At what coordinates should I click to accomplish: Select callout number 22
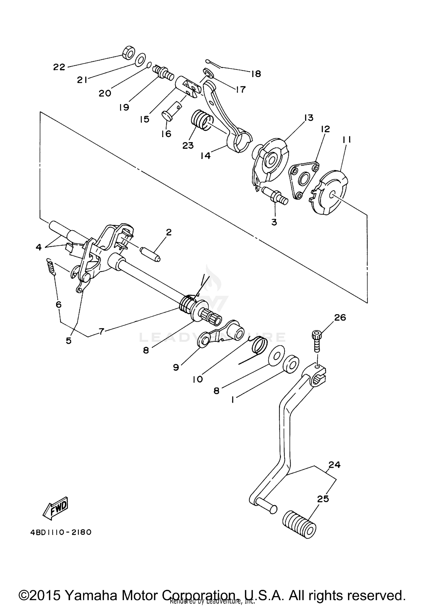[59, 67]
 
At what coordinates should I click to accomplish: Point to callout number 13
[309, 118]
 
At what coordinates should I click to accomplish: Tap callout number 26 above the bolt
[340, 317]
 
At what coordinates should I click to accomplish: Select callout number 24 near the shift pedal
[335, 465]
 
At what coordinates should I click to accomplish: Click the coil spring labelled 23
[201, 119]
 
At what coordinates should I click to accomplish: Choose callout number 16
[167, 134]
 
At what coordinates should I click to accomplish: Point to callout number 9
[176, 367]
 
